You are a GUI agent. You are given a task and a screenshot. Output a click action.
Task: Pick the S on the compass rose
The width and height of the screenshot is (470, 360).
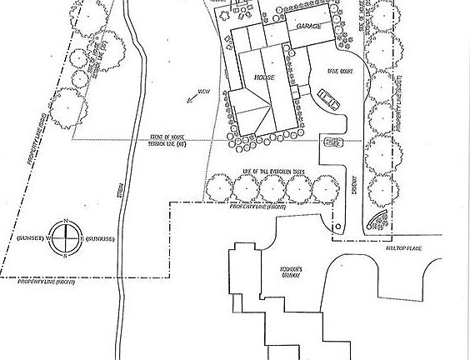pos(66,257)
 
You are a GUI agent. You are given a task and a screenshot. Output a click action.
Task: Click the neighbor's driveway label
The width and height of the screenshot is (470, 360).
pos(289,274)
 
